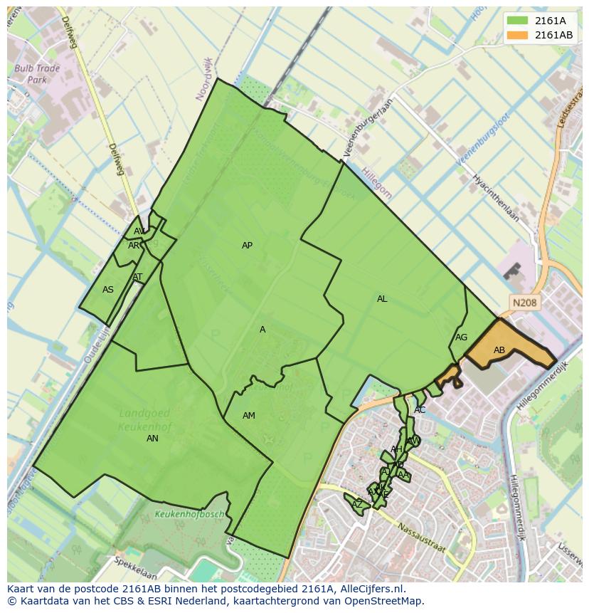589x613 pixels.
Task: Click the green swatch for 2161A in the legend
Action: (x=518, y=21)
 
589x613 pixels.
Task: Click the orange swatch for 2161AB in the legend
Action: (x=518, y=35)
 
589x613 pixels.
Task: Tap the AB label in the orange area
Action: (x=499, y=350)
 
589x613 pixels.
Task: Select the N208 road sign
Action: (x=524, y=303)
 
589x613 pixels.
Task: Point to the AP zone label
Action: (x=247, y=246)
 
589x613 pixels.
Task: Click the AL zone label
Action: (x=382, y=299)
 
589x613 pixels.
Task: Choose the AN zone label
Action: (x=152, y=439)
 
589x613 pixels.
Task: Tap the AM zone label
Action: (x=248, y=416)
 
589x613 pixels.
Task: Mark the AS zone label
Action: (x=108, y=290)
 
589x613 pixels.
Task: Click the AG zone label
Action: (x=461, y=337)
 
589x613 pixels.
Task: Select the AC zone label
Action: (x=420, y=410)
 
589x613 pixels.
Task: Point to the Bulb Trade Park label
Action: (x=37, y=75)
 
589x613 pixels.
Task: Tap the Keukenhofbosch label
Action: (x=189, y=514)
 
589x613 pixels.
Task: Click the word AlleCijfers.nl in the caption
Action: (x=371, y=589)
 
